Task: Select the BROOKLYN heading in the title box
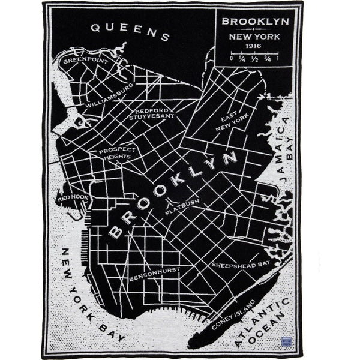pyautogui.click(x=255, y=21)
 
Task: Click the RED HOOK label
pyautogui.click(x=73, y=197)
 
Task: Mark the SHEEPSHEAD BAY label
pyautogui.click(x=241, y=263)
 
